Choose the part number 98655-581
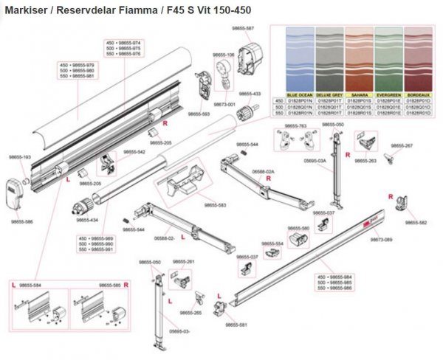click(236, 324)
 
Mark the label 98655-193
click(20, 157)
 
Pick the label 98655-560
click(298, 228)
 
